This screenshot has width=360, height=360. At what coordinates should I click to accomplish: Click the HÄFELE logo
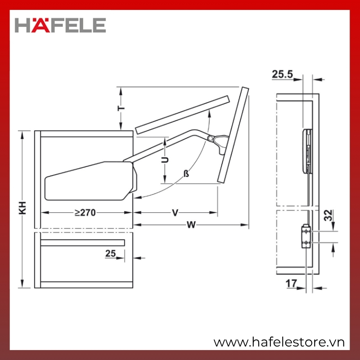60,25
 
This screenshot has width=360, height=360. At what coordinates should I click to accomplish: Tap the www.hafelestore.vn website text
279,342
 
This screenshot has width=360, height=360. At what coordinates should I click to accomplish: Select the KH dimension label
22,208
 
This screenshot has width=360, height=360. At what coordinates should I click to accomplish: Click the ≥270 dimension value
85,212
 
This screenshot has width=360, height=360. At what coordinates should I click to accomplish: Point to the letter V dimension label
175,213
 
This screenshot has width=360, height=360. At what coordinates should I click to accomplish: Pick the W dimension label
191,225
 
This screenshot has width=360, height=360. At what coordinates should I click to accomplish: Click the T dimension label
121,108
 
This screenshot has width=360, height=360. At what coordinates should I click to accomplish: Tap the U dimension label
165,160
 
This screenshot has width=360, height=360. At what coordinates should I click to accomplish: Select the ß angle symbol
186,174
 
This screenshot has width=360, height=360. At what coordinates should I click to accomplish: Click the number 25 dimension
110,253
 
